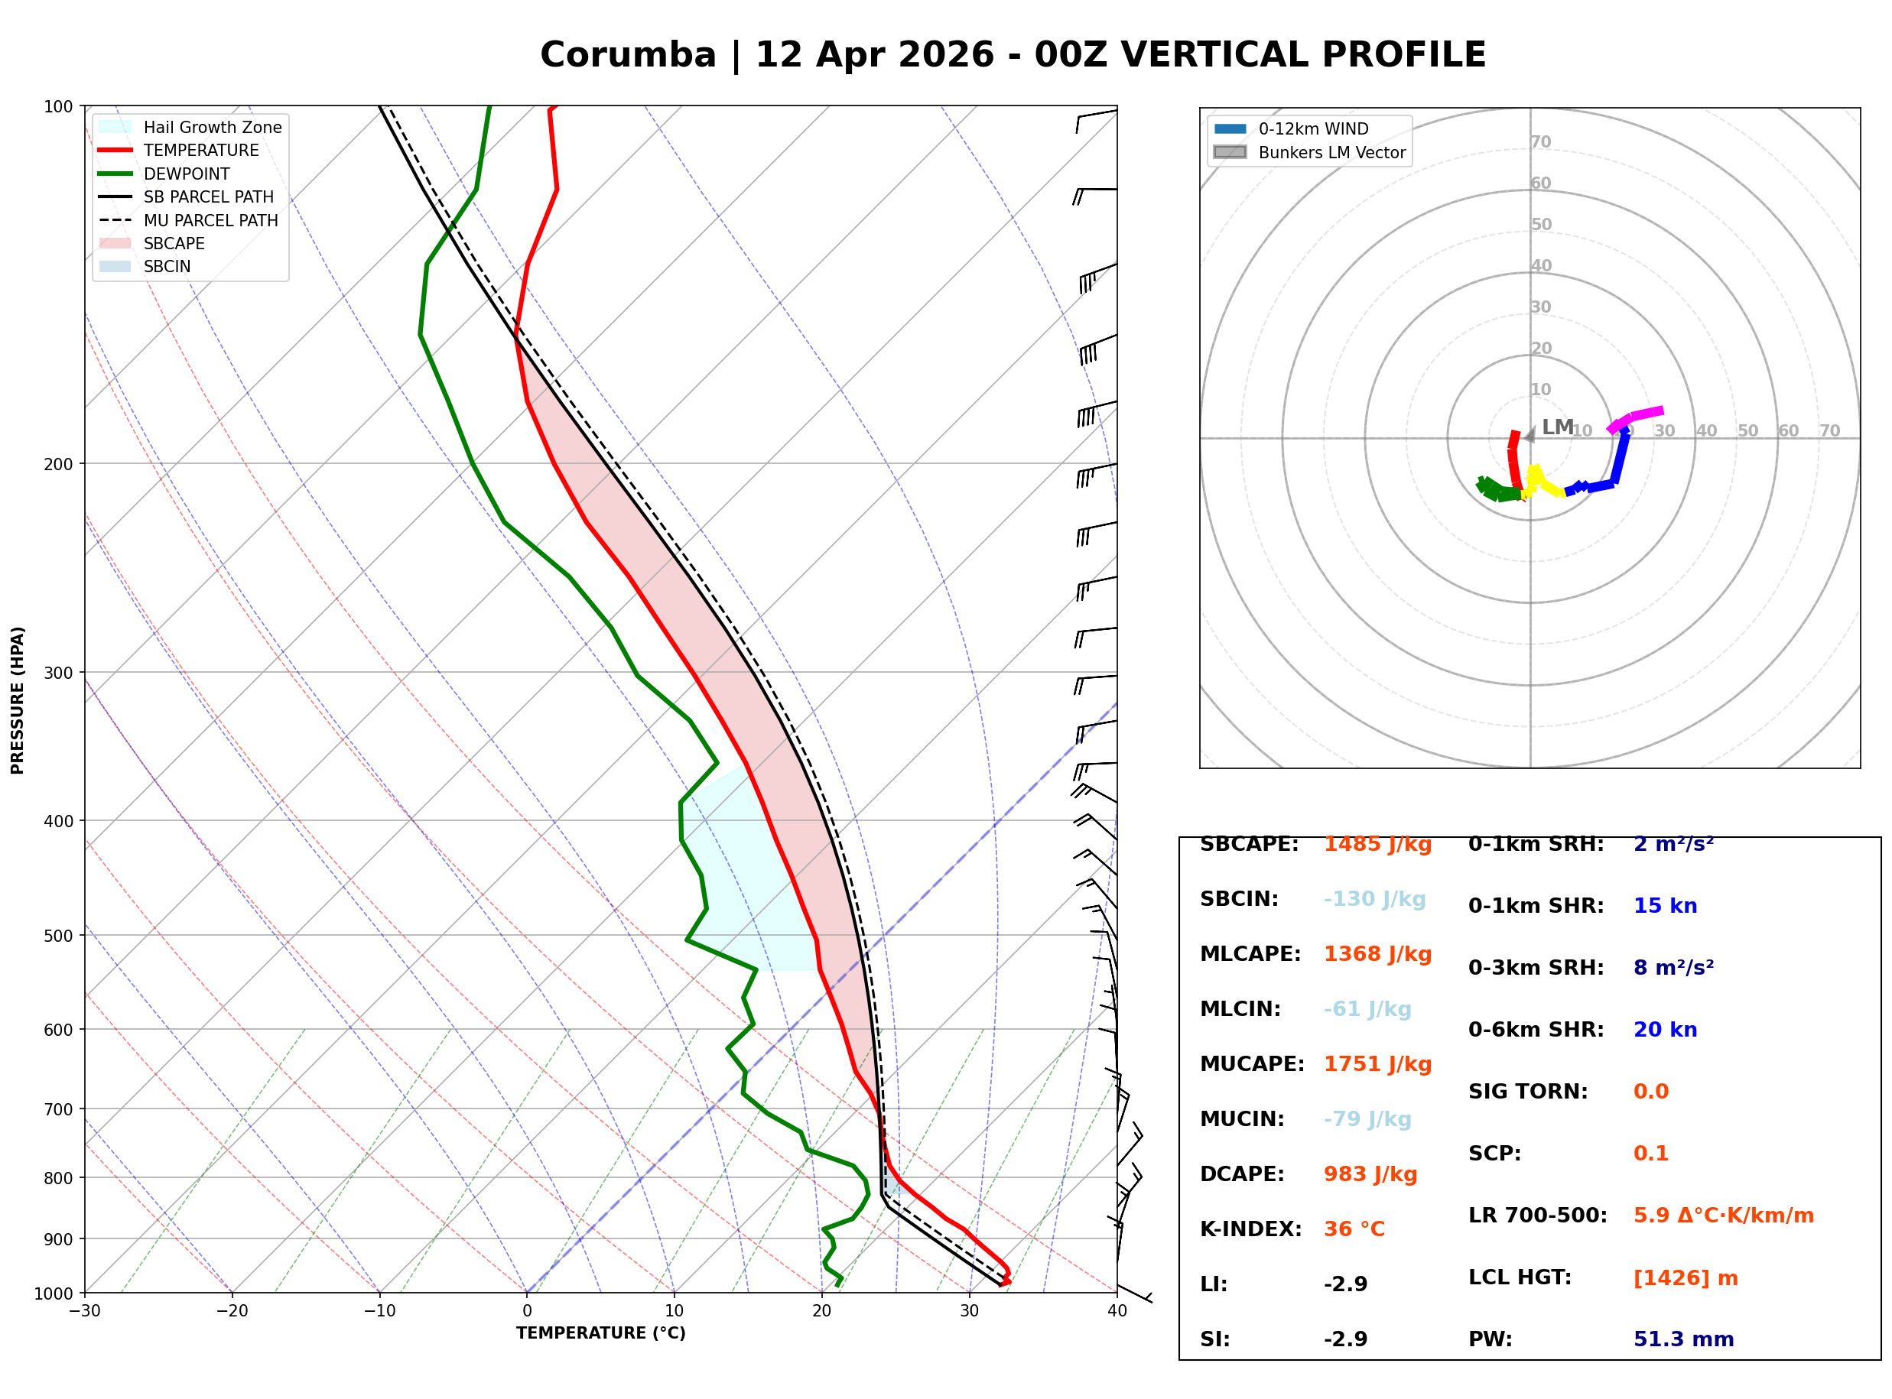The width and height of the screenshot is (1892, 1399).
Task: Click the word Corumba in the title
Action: click(x=628, y=56)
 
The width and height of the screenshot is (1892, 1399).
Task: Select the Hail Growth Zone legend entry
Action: click(x=212, y=127)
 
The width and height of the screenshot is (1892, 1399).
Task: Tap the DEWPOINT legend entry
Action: click(x=187, y=174)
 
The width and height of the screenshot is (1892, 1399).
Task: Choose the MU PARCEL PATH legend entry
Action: click(x=210, y=220)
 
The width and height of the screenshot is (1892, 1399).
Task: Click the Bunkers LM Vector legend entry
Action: click(x=1331, y=152)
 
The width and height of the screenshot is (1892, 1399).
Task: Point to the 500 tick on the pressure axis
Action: click(x=57, y=936)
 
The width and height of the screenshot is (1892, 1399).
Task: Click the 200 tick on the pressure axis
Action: click(x=57, y=464)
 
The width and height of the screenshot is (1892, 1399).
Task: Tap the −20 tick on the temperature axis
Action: click(x=231, y=1311)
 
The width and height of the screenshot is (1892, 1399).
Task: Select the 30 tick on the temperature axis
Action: click(x=969, y=1311)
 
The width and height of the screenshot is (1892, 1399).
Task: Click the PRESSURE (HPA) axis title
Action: click(x=18, y=699)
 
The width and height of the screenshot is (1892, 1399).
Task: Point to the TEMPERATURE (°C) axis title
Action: click(x=600, y=1333)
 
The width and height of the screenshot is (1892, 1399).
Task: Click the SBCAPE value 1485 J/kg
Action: click(x=1377, y=844)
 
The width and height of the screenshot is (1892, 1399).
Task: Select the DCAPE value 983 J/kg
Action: click(x=1370, y=1173)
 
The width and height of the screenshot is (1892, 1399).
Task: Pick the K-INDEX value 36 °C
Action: click(x=1354, y=1229)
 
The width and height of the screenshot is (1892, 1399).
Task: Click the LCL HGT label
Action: click(x=1520, y=1277)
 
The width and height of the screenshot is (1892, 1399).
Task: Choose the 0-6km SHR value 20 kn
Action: click(x=1664, y=1030)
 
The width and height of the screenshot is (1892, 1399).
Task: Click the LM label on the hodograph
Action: click(x=1556, y=427)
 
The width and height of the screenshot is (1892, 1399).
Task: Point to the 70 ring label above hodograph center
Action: click(x=1540, y=142)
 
